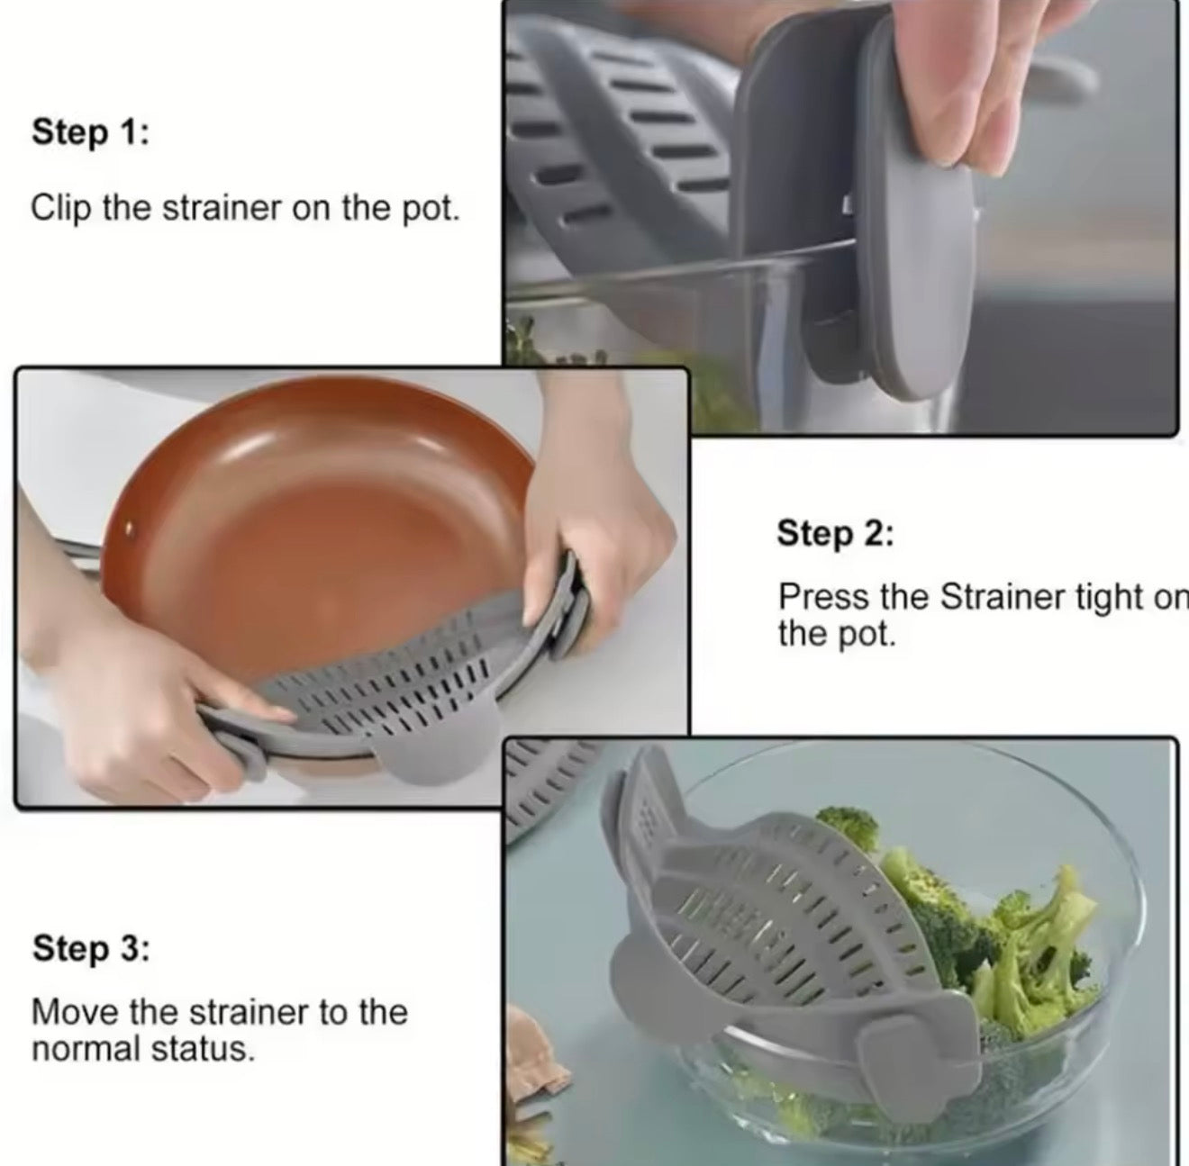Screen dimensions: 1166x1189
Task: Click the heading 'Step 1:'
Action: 90,131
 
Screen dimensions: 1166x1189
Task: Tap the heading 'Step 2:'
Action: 835,533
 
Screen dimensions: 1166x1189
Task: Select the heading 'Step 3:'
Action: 91,948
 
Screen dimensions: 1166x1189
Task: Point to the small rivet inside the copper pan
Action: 128,530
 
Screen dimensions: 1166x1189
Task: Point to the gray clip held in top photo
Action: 910,270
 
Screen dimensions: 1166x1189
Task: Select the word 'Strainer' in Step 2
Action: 990,597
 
